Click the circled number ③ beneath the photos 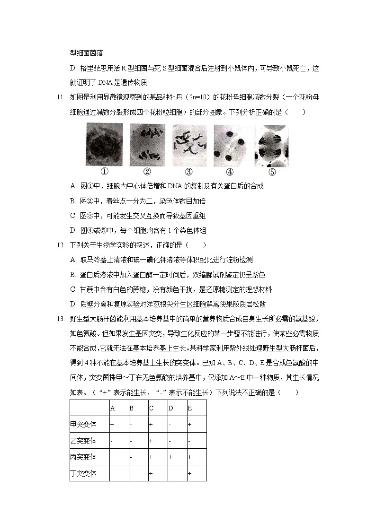[x=188, y=172]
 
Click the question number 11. [x=60, y=97]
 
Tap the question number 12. [x=60, y=245]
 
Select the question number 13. [x=60, y=319]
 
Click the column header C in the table [x=151, y=408]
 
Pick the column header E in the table [x=190, y=408]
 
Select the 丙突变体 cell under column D [x=170, y=457]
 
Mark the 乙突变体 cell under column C [x=151, y=441]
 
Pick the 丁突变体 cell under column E [x=189, y=473]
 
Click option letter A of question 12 [x=73, y=260]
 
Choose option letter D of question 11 [x=73, y=230]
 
